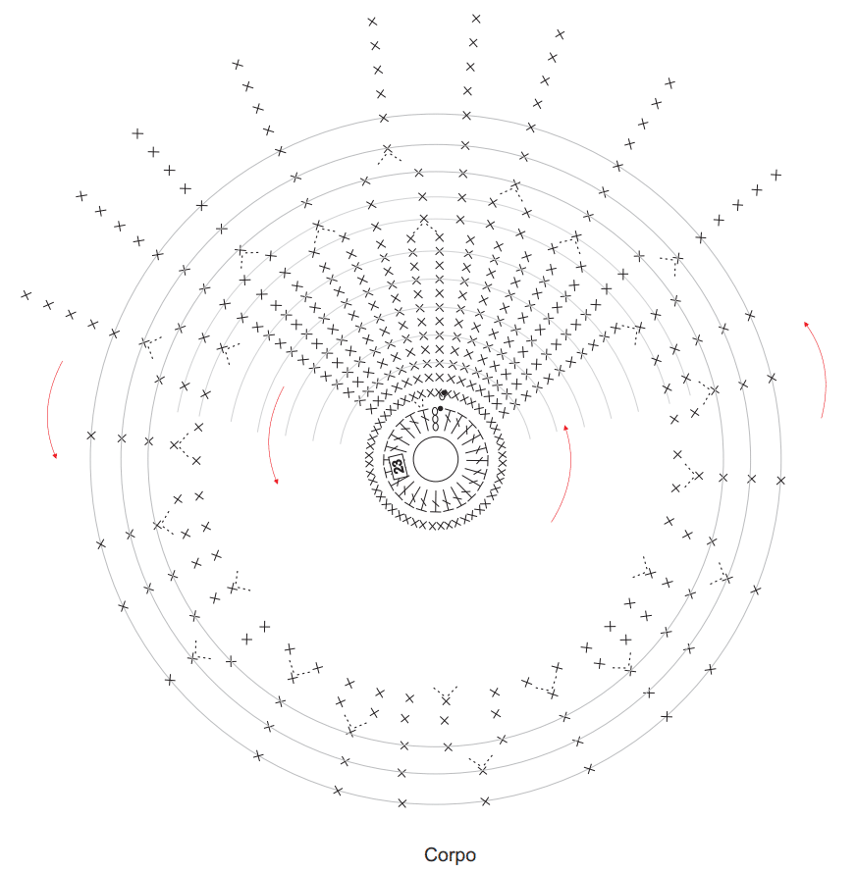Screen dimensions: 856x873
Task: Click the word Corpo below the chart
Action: [x=450, y=855]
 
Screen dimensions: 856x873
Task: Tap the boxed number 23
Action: [x=398, y=465]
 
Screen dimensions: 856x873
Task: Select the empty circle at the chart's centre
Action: [x=436, y=459]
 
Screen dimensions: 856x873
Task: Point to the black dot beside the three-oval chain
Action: [x=440, y=409]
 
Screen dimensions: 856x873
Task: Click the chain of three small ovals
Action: [x=435, y=419]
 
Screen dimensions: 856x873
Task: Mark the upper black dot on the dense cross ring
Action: [x=444, y=393]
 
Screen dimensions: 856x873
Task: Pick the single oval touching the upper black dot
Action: [x=442, y=396]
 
